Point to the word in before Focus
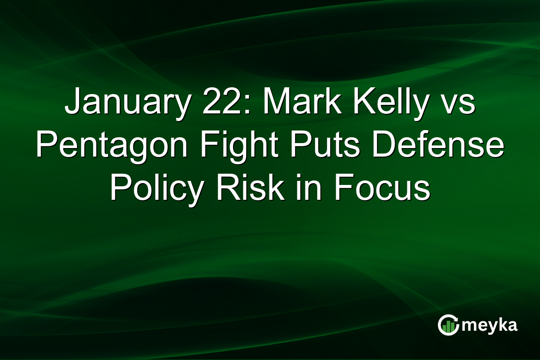[x=313, y=189]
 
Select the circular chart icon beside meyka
[x=448, y=325]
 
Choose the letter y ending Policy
[x=198, y=193]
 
